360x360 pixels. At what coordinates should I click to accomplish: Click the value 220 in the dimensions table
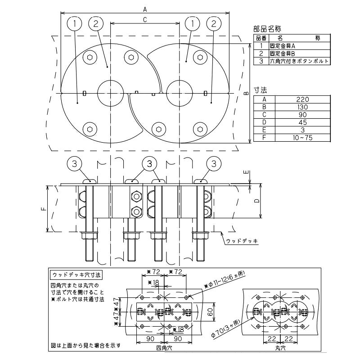click(302, 99)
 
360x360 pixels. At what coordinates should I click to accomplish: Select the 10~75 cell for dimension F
click(302, 138)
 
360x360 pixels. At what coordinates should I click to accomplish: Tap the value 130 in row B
click(302, 107)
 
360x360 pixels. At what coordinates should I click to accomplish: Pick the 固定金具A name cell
click(283, 46)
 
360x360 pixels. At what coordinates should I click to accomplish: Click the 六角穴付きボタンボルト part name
click(299, 61)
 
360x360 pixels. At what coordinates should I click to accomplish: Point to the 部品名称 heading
click(267, 29)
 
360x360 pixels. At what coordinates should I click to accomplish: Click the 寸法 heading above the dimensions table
click(261, 90)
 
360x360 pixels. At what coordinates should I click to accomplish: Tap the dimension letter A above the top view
click(145, 9)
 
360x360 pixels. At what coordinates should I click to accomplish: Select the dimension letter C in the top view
click(145, 20)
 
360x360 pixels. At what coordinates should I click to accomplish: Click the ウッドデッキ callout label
click(242, 241)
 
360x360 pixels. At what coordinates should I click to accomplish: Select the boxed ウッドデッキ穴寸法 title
click(76, 275)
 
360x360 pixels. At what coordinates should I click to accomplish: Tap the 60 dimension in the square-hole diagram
click(210, 312)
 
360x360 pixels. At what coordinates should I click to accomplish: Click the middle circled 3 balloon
click(150, 164)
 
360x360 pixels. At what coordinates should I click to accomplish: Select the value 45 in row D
click(302, 122)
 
